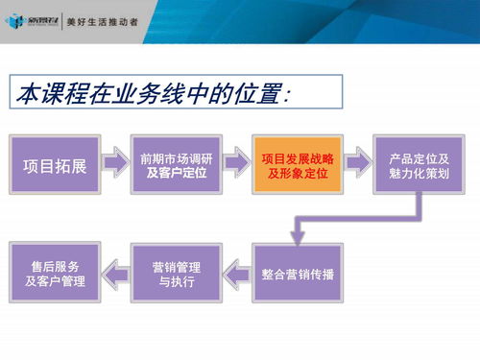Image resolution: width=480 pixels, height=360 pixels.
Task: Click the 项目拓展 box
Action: click(54, 165)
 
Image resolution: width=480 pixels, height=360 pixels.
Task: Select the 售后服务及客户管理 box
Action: click(54, 274)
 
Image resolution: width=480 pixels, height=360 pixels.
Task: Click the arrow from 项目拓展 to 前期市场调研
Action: click(115, 165)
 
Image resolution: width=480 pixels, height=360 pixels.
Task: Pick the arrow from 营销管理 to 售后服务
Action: click(115, 274)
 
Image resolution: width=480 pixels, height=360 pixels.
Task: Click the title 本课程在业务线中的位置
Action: click(154, 94)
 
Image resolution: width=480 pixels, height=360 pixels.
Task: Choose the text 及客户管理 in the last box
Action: click(54, 282)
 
